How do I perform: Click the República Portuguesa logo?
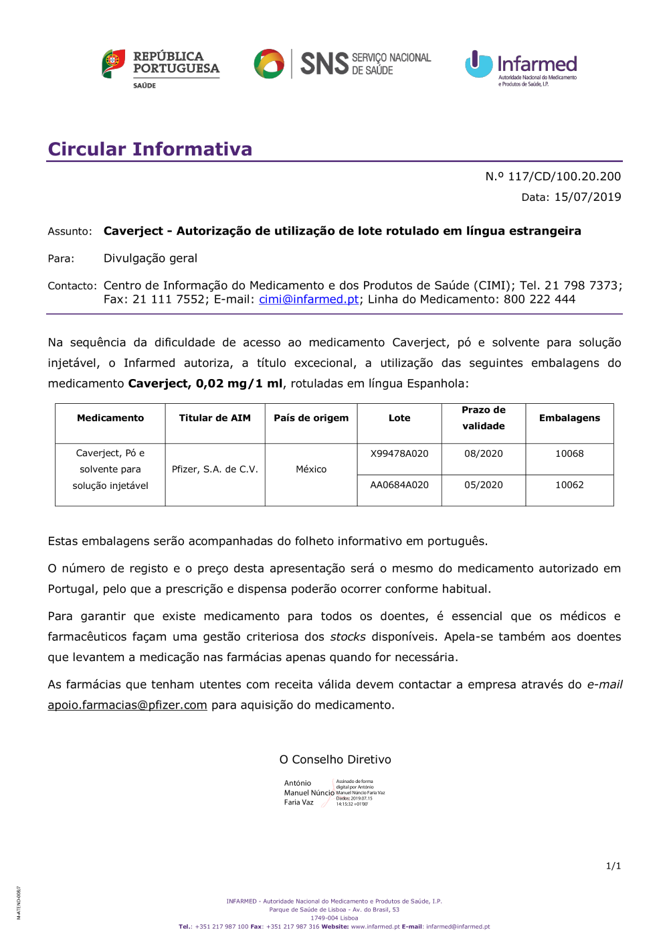tap(161, 67)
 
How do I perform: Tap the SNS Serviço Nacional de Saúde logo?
tap(343, 64)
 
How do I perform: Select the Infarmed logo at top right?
tap(521, 67)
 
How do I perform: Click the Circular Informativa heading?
tap(150, 149)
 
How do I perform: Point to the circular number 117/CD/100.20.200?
tap(564, 176)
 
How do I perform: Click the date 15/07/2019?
tap(587, 197)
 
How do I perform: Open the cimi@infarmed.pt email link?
tap(308, 299)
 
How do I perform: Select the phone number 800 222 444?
tap(539, 299)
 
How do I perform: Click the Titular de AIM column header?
tap(215, 418)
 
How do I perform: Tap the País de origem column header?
tap(311, 418)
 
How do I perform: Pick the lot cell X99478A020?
tap(399, 453)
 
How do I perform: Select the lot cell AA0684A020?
tap(399, 485)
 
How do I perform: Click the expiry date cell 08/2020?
tap(484, 453)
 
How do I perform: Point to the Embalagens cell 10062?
tap(569, 485)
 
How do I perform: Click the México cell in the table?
tap(311, 469)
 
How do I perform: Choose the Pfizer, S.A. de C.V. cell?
tap(215, 469)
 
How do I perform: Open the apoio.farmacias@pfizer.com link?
tap(127, 705)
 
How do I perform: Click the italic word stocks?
tap(348, 637)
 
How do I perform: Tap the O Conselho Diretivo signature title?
tap(335, 759)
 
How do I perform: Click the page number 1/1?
tap(613, 866)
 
